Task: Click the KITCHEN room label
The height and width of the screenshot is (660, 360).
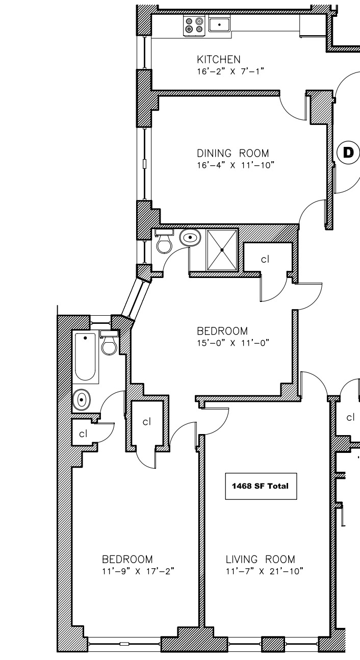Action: point(219,60)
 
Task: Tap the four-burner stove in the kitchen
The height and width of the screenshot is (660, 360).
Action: point(195,25)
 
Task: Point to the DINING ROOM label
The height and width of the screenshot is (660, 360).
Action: point(233,153)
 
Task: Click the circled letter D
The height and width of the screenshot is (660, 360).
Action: point(348,152)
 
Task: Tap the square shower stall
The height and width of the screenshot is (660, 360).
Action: point(222,250)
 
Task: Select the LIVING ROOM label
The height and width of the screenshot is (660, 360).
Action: point(260,560)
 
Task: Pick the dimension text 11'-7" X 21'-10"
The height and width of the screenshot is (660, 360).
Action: point(265,571)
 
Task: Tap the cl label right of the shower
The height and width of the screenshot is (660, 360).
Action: point(265,260)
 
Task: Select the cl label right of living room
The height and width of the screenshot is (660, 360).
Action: point(350,418)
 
